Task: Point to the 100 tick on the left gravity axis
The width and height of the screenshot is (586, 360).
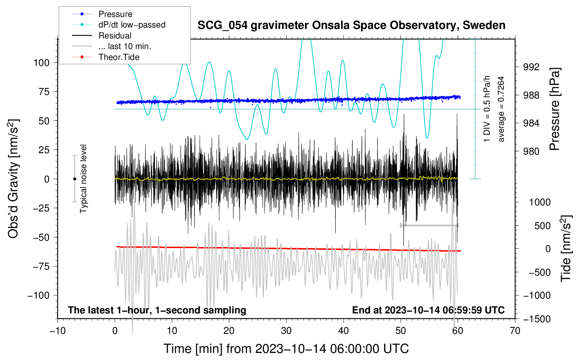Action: (x=41, y=63)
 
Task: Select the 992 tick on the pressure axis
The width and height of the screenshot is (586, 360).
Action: (x=531, y=67)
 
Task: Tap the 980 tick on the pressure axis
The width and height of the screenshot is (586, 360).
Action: (x=531, y=151)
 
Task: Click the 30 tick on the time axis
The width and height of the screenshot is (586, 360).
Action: (x=286, y=331)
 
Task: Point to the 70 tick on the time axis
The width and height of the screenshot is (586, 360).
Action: (x=515, y=331)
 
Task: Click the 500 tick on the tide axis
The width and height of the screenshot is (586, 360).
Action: (x=543, y=226)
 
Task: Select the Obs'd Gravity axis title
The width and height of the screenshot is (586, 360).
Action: (x=13, y=179)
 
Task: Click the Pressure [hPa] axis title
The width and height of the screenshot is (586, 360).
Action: (x=555, y=109)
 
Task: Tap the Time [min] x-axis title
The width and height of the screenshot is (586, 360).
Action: (x=286, y=349)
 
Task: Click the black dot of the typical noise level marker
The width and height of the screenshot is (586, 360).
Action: (x=74, y=179)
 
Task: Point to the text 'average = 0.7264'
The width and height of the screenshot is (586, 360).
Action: (x=501, y=109)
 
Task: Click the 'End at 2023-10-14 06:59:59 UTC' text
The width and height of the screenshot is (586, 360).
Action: (x=428, y=310)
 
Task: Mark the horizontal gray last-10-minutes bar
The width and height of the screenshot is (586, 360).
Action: (x=429, y=225)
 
